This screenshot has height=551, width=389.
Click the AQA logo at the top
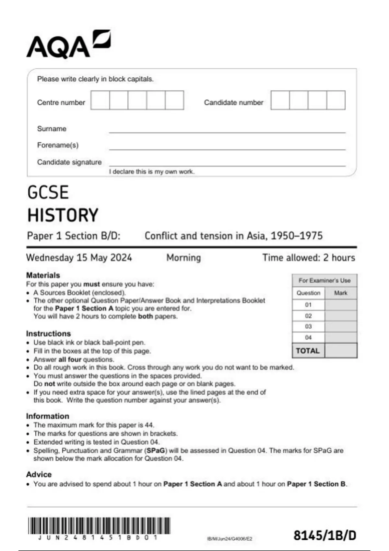coord(68,45)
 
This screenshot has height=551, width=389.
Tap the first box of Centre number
coord(100,100)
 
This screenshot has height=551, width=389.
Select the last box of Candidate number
coord(336,100)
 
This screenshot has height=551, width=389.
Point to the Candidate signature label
coord(69,162)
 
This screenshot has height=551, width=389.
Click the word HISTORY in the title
coord(63,215)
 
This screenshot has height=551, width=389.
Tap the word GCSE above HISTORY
coord(48,193)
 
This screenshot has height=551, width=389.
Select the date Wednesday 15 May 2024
coord(79,258)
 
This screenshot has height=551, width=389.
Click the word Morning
coord(183,258)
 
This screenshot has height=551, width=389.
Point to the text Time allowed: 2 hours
coord(309,258)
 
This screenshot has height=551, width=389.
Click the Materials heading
coord(43,275)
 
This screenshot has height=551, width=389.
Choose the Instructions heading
coord(48,334)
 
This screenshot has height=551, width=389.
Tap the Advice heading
coord(39,474)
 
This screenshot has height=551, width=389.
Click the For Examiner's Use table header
coord(324,280)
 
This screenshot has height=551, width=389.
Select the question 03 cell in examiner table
coord(308,327)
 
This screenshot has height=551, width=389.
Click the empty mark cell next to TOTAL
coord(341,351)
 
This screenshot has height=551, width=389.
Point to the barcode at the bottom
coord(99,526)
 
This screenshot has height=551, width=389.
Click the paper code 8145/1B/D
coord(325,535)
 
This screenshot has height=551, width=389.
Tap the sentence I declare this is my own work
coord(152,172)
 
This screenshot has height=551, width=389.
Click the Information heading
coord(48,416)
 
